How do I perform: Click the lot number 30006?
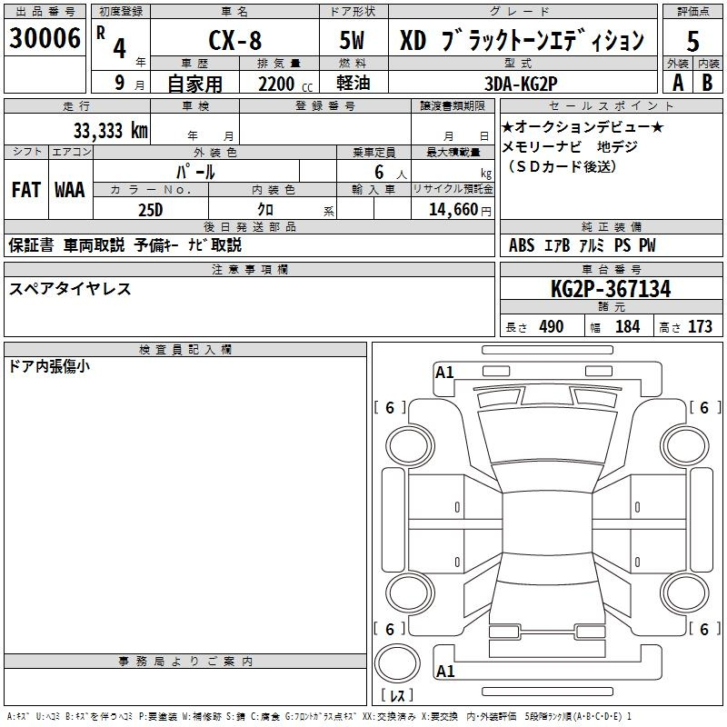[x=45, y=38]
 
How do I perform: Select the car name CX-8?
[x=235, y=40]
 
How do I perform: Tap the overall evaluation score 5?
[x=692, y=41]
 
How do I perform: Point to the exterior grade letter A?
[x=678, y=83]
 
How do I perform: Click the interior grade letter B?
[x=707, y=83]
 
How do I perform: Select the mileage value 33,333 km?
[x=110, y=131]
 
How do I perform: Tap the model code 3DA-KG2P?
[x=521, y=84]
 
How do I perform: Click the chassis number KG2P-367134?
[x=611, y=289]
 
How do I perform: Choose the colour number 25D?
[x=151, y=210]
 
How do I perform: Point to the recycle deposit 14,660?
[x=453, y=210]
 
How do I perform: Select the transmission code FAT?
[x=26, y=190]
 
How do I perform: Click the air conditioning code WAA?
[x=70, y=190]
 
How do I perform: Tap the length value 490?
[x=552, y=326]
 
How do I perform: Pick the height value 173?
[x=700, y=326]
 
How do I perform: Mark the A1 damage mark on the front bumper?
[x=444, y=373]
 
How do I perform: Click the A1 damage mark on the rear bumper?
[x=445, y=671]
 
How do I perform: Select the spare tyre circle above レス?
[x=397, y=663]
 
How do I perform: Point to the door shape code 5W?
[x=352, y=40]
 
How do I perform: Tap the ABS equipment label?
[x=522, y=245]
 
